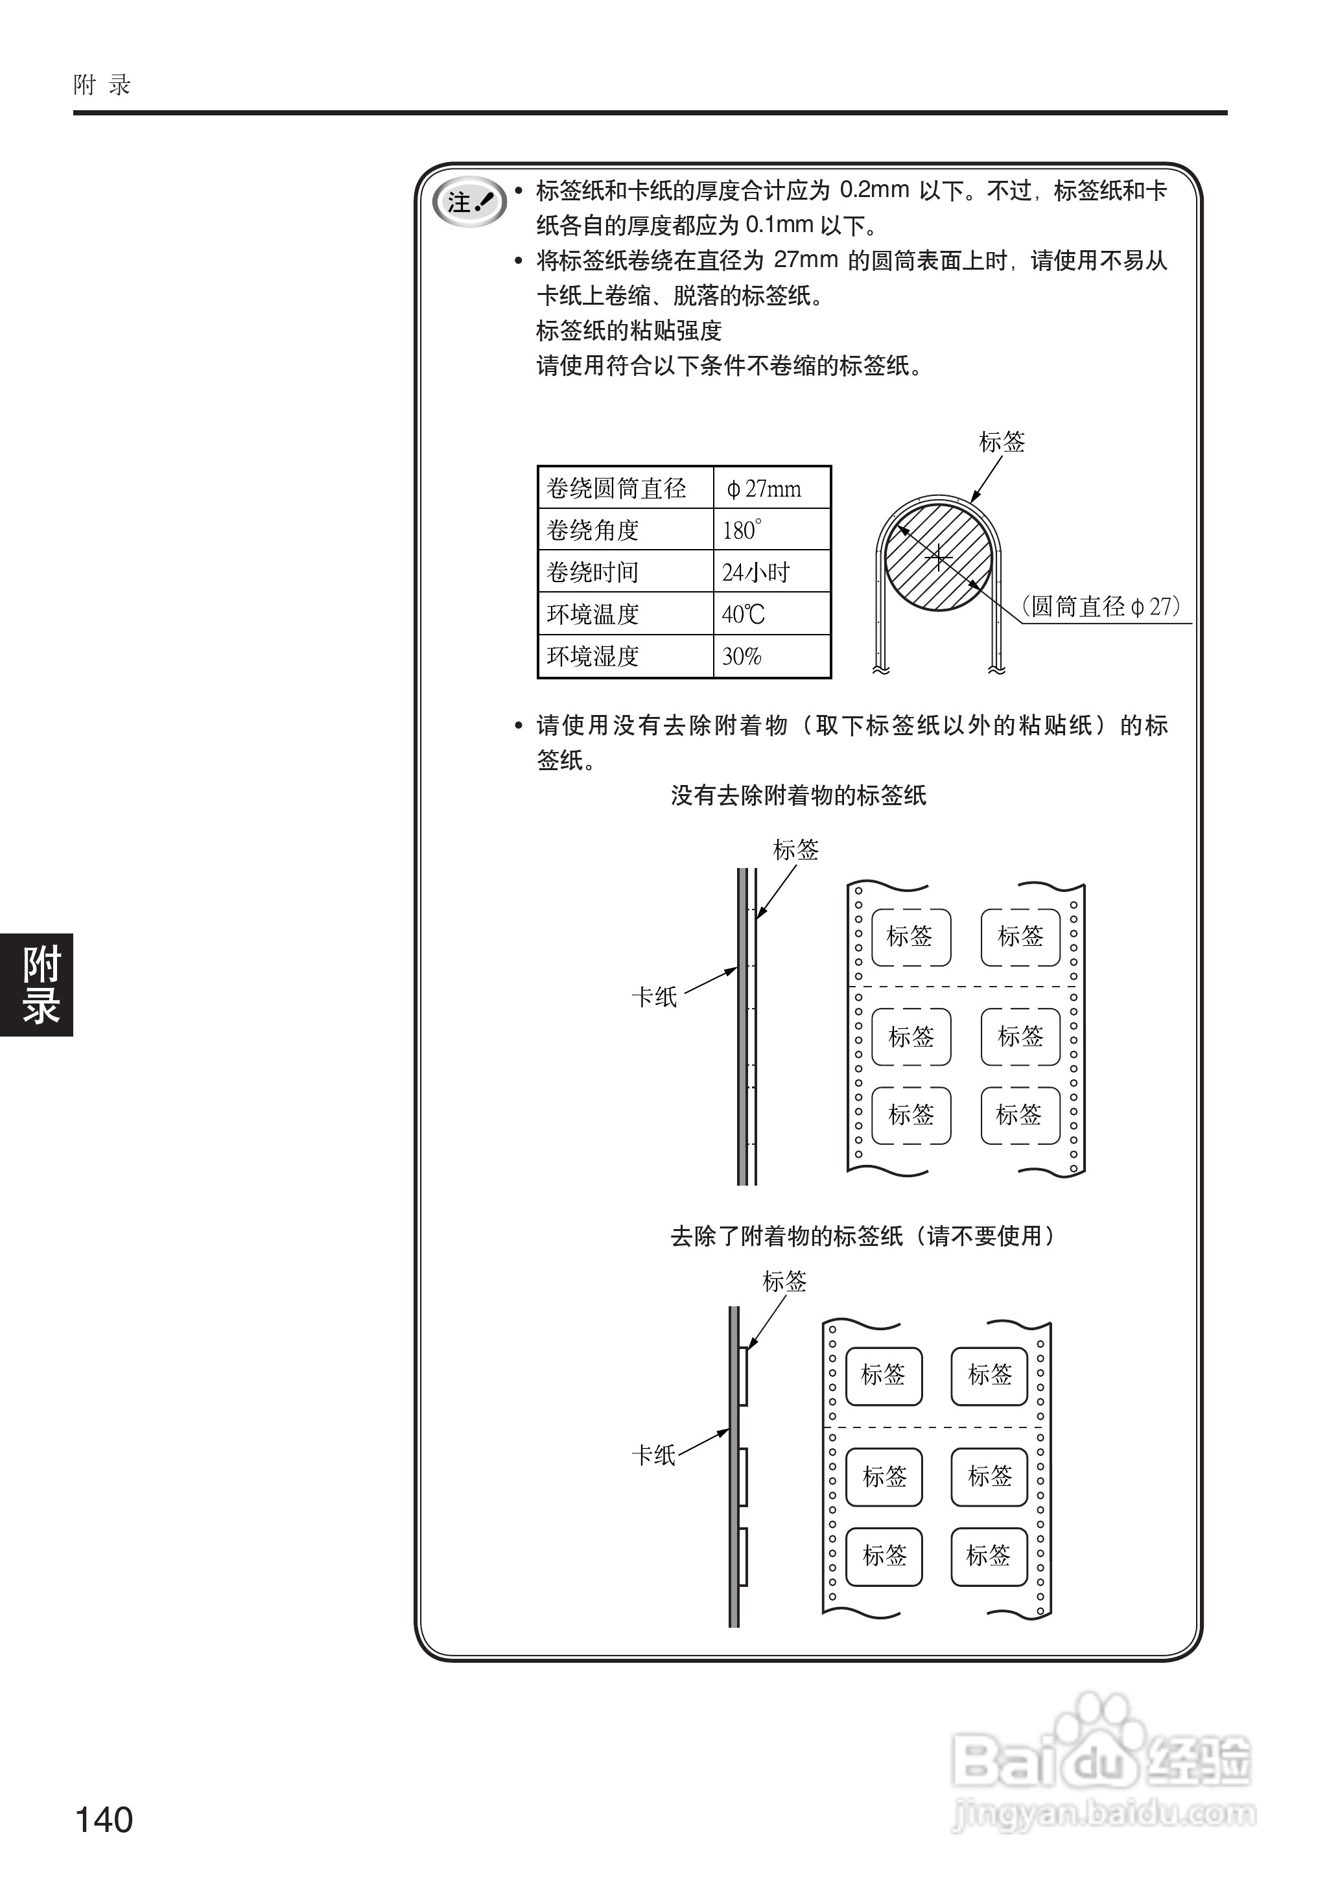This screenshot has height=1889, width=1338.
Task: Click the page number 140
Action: (x=104, y=1819)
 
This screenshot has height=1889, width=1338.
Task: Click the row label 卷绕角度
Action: (x=593, y=530)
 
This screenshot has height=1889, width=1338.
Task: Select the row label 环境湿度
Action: (x=593, y=657)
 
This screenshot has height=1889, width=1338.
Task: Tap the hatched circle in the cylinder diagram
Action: (x=939, y=557)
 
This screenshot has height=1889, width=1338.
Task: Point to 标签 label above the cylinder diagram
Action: (x=1002, y=442)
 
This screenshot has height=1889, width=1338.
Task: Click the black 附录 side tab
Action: (x=37, y=985)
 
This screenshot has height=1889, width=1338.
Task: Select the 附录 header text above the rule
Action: (x=102, y=85)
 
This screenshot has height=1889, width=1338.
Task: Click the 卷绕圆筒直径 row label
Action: (x=616, y=489)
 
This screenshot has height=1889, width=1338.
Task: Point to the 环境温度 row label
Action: (x=593, y=615)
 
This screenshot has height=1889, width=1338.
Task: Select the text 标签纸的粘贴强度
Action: (x=629, y=331)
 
